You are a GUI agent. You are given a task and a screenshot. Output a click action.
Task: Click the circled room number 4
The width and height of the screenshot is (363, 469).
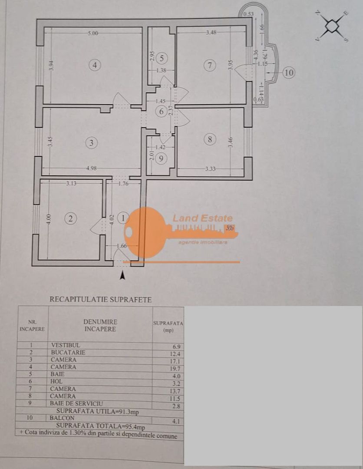point(95,65)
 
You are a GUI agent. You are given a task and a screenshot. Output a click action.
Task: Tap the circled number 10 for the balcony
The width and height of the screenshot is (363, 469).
point(289,73)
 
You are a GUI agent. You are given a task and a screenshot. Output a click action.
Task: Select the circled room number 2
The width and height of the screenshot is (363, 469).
point(70,218)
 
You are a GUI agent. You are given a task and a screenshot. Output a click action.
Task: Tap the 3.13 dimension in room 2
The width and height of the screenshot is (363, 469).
point(71,184)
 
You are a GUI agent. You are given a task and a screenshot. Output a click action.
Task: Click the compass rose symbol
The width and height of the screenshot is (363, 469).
point(332,26)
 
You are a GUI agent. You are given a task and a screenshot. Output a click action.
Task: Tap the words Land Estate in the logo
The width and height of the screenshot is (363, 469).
point(202,218)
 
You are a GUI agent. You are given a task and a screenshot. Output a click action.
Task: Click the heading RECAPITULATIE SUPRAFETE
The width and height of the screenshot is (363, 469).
point(101,299)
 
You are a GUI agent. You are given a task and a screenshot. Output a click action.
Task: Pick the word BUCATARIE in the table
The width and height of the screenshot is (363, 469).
point(68,353)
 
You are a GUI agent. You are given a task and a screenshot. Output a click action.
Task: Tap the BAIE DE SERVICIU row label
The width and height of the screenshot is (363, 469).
point(77,404)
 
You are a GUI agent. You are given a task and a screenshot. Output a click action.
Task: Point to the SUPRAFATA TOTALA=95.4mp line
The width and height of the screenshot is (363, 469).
point(99,426)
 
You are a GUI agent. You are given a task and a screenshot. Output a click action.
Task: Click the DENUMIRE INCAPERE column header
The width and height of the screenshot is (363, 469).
point(100,325)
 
